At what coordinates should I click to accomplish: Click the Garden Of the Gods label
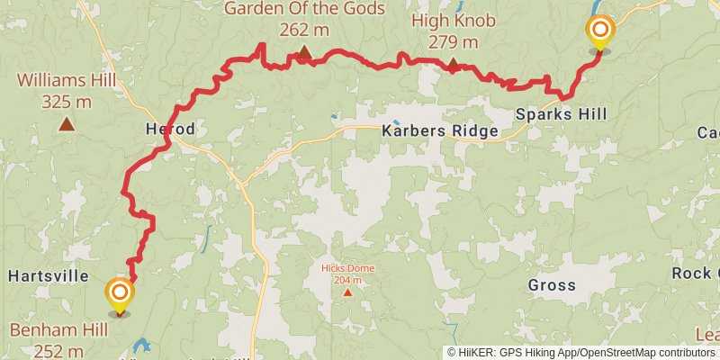tap(303, 9)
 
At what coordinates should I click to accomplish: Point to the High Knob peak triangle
tap(454, 64)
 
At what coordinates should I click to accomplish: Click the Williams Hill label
tap(67, 81)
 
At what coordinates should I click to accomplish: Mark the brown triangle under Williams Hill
tap(66, 123)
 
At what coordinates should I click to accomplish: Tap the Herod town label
tap(170, 130)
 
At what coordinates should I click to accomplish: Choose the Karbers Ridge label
tap(440, 131)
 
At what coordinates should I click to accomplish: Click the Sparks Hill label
tap(561, 114)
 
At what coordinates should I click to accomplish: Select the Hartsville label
tap(49, 275)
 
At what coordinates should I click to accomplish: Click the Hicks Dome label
tap(348, 268)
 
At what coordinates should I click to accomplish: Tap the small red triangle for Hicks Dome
tap(347, 292)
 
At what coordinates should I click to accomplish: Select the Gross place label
tap(552, 285)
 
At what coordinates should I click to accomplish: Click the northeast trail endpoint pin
tap(599, 32)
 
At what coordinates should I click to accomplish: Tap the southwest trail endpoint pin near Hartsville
tap(119, 294)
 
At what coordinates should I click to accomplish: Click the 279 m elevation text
tap(454, 42)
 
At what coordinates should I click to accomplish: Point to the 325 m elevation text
tap(67, 102)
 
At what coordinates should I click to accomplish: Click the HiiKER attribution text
tap(580, 353)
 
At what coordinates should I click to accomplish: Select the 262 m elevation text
tap(304, 30)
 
